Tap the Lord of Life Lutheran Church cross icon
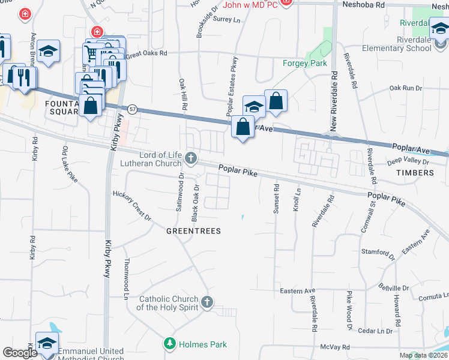tap(191, 158)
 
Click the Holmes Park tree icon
tap(170, 344)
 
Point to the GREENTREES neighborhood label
tap(193, 231)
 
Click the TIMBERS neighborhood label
tap(414, 173)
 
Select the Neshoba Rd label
tap(363, 4)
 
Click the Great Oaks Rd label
tap(146, 53)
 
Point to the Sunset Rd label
tap(276, 199)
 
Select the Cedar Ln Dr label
tap(375, 331)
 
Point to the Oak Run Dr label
tap(406, 88)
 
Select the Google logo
tap(20, 353)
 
